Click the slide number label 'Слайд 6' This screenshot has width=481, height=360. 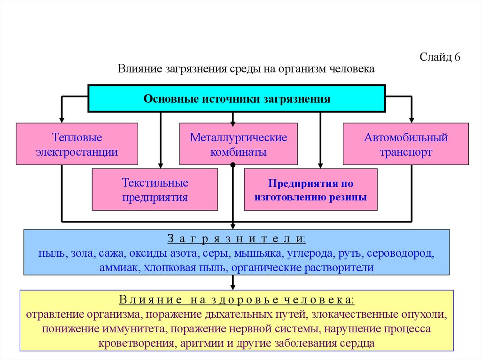tap(439, 58)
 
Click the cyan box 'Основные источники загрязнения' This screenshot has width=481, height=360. tap(237, 99)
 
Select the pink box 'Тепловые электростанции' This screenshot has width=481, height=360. tap(77, 145)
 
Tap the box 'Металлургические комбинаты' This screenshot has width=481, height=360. tap(238, 145)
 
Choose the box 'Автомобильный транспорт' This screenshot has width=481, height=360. tap(405, 145)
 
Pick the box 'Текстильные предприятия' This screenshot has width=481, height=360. tap(155, 190)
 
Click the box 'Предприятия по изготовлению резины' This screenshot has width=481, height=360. tap(310, 190)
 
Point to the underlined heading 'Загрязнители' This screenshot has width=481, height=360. tap(237, 239)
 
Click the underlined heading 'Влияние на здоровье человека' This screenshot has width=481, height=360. tap(237, 299)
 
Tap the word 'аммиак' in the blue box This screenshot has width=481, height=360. tap(115, 268)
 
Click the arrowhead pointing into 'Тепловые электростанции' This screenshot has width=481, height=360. tap(62, 119)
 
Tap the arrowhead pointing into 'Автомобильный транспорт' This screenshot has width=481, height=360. tap(412, 119)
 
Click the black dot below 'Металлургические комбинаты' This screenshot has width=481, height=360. tap(233, 165)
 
